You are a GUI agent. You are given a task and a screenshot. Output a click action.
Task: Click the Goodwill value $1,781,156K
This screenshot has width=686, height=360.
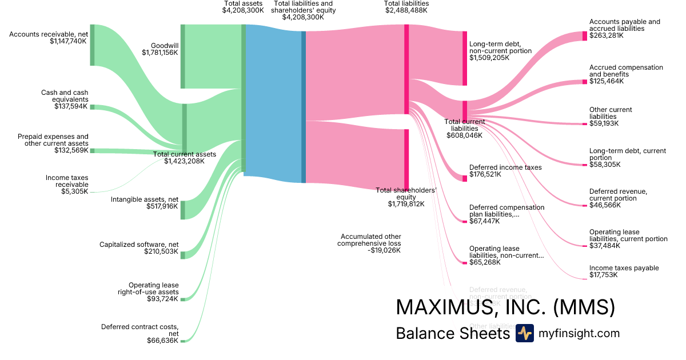tap(159, 53)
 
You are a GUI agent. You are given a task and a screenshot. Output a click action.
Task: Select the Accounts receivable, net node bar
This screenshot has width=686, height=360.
tap(92, 45)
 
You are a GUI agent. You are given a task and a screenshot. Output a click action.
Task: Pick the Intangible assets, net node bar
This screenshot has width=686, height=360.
tap(183, 210)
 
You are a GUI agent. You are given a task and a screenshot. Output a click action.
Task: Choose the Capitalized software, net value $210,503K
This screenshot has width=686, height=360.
tap(162, 251)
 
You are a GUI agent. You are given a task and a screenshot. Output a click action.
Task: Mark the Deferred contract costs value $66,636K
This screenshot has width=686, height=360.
tap(162, 341)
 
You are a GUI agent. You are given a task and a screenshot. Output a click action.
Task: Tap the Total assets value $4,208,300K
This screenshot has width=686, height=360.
tap(243, 10)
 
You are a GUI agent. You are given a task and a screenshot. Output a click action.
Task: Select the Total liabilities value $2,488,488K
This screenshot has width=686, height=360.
tap(406, 10)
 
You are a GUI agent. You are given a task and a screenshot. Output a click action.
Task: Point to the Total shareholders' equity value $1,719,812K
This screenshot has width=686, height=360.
tap(406, 204)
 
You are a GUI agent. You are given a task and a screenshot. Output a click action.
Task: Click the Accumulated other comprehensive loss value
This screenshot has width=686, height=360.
tap(384, 250)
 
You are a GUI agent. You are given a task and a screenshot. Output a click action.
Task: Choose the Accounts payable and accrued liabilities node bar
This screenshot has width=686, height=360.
tap(584, 36)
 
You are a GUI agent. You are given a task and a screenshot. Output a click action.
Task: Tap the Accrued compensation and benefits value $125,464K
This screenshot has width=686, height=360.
tap(607, 81)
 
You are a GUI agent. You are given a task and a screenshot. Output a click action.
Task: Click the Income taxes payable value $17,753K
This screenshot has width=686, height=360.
tap(607, 275)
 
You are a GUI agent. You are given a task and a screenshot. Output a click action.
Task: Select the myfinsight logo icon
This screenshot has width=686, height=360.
tap(524, 333)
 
